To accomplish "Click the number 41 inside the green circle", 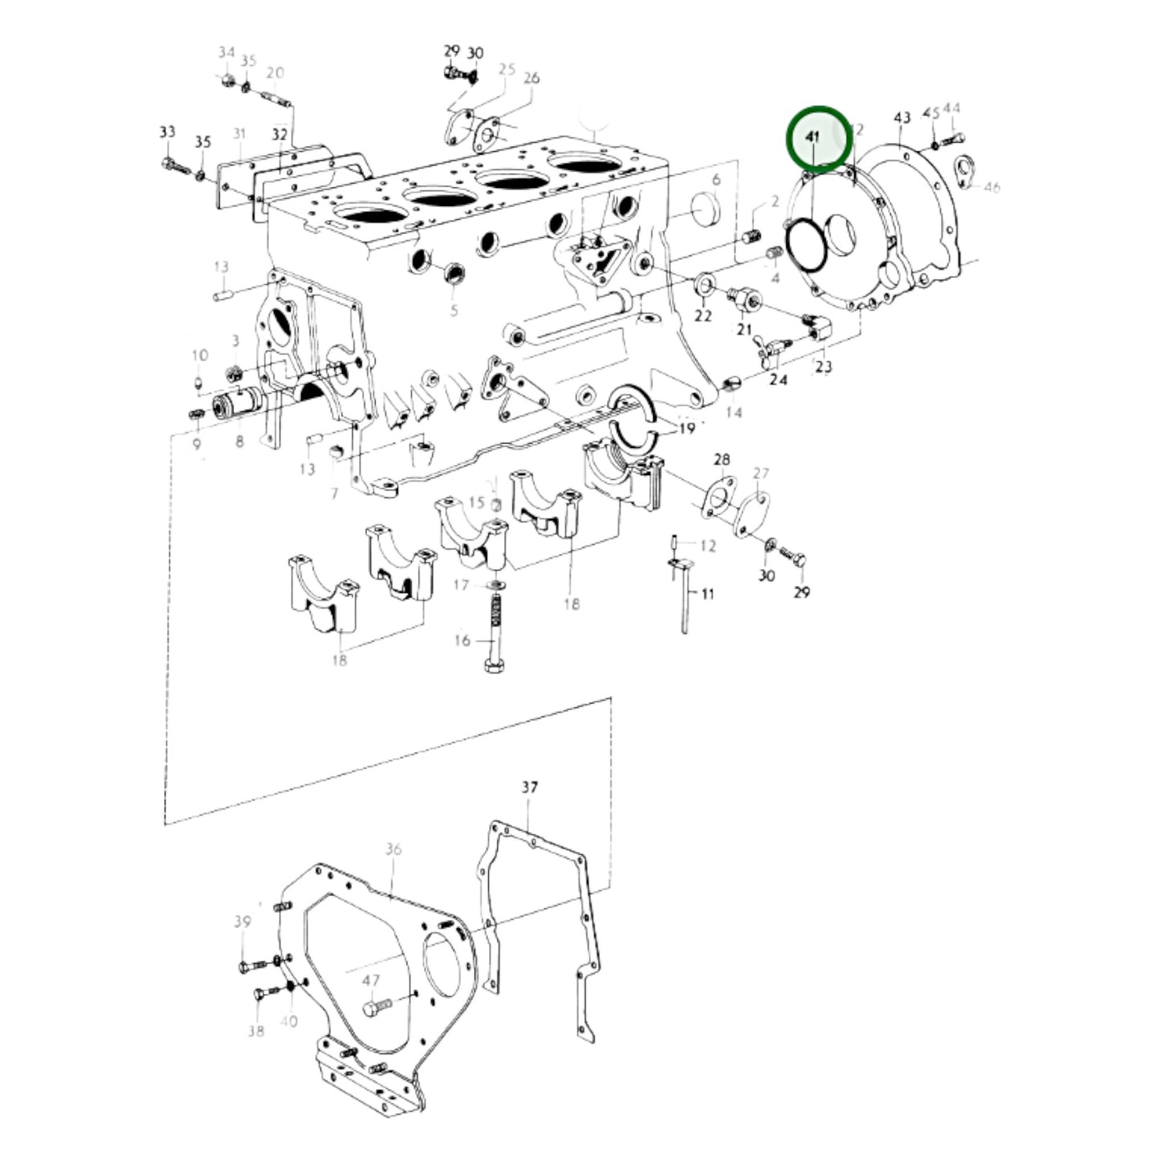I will [812, 137].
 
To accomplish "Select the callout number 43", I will [902, 118].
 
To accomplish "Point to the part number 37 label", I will [529, 788].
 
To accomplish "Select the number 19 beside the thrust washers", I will [686, 429].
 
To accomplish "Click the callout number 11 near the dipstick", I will [707, 594].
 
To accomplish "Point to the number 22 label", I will [703, 315].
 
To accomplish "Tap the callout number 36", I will [393, 849].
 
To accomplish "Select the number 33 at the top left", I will [167, 132].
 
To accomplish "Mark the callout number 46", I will [992, 188].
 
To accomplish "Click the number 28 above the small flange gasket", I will [722, 459].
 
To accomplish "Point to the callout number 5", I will [454, 311].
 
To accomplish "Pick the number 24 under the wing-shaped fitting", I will [778, 380].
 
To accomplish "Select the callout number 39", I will [242, 922].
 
